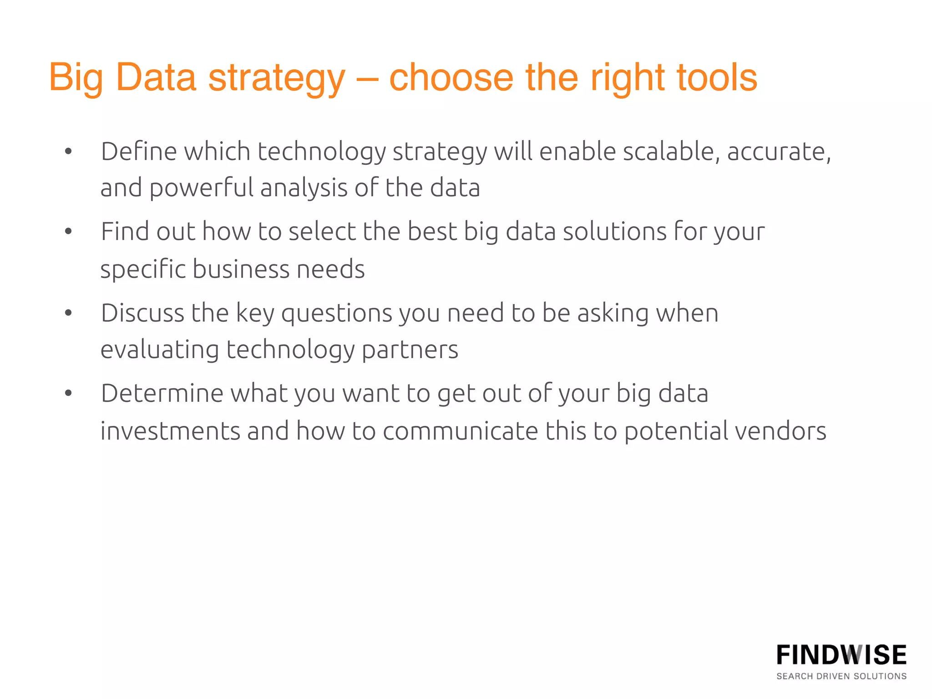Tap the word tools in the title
pos(717,77)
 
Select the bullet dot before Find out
pos(68,232)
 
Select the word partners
pos(410,350)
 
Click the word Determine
pos(162,394)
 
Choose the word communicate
pos(460,431)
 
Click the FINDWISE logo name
pos(841,655)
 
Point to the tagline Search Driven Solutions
pos(841,676)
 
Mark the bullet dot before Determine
pos(68,393)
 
